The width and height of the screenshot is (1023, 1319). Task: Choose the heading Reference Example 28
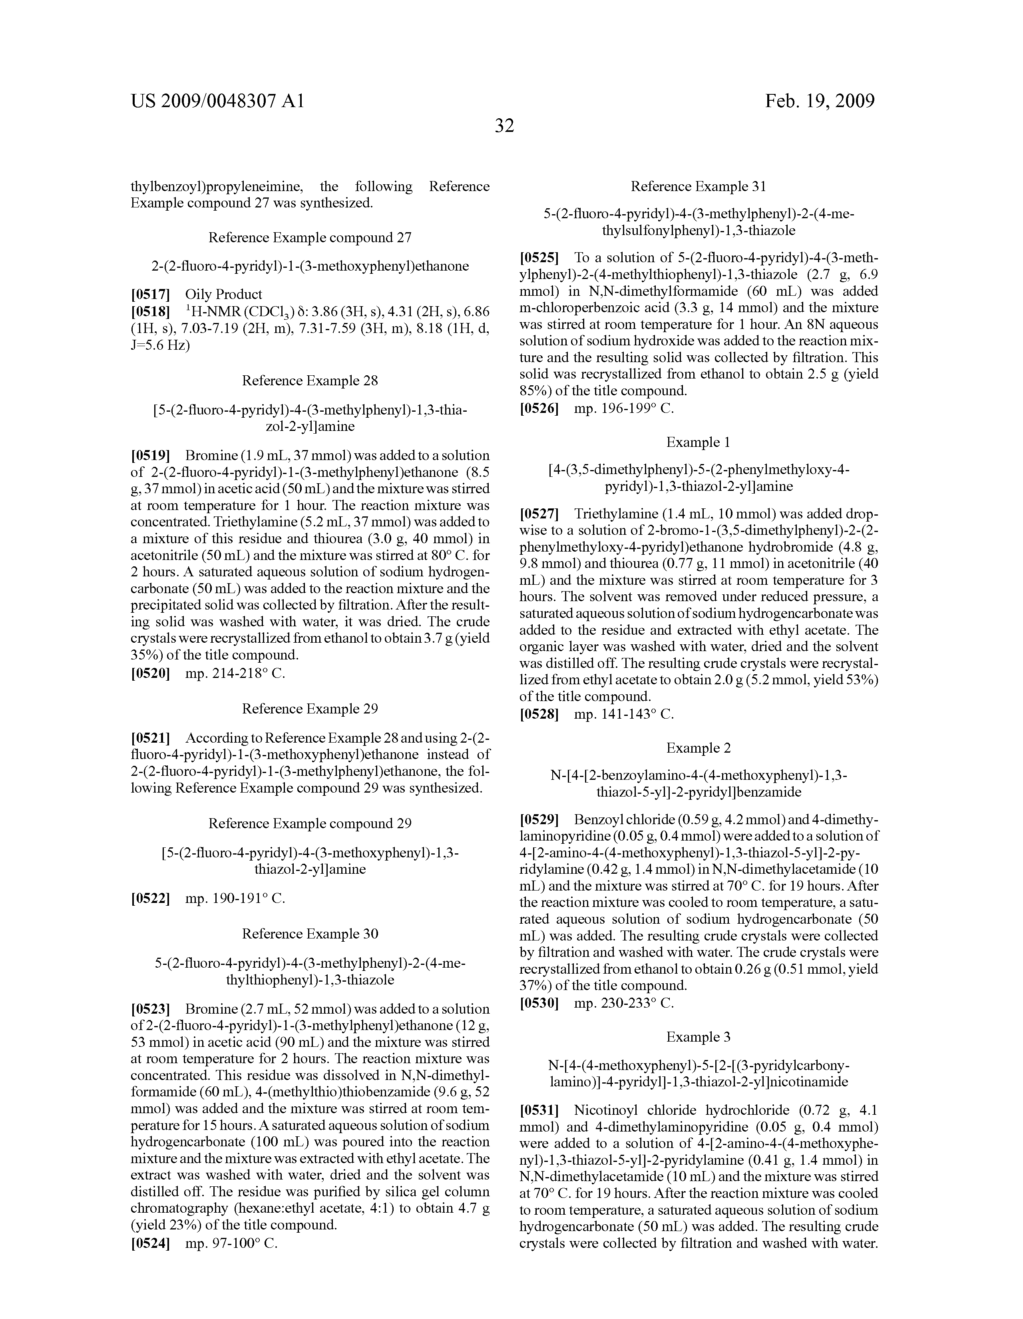(x=310, y=381)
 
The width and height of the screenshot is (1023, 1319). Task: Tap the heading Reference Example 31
(x=698, y=187)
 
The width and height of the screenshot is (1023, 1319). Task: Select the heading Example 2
(x=698, y=748)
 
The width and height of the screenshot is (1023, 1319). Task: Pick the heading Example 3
(x=698, y=1037)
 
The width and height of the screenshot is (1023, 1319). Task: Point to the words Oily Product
(x=223, y=294)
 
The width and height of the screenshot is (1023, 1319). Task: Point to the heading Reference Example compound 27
(x=310, y=237)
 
